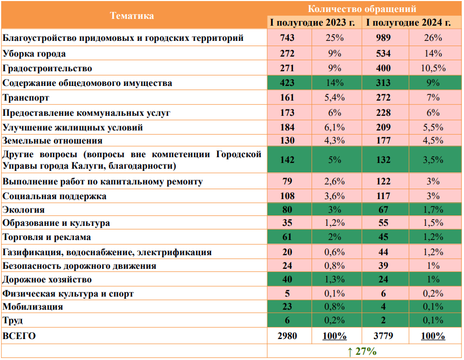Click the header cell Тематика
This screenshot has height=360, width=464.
click(x=132, y=16)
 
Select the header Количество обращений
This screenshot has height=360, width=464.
click(x=362, y=8)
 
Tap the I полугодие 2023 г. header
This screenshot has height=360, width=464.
click(x=314, y=23)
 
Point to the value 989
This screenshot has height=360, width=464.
click(x=384, y=38)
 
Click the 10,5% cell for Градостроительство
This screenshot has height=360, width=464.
click(x=434, y=68)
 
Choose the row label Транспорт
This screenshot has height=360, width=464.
click(x=26, y=97)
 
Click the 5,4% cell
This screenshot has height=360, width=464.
click(x=334, y=97)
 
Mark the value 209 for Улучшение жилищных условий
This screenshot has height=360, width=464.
click(x=384, y=127)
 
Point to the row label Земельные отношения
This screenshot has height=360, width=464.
click(x=52, y=140)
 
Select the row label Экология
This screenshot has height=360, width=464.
click(x=24, y=210)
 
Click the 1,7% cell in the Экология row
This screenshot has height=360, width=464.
click(x=434, y=210)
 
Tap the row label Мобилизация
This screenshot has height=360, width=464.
click(x=33, y=307)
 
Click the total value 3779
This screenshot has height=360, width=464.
click(x=384, y=336)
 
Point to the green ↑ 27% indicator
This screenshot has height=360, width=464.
click(x=362, y=351)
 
